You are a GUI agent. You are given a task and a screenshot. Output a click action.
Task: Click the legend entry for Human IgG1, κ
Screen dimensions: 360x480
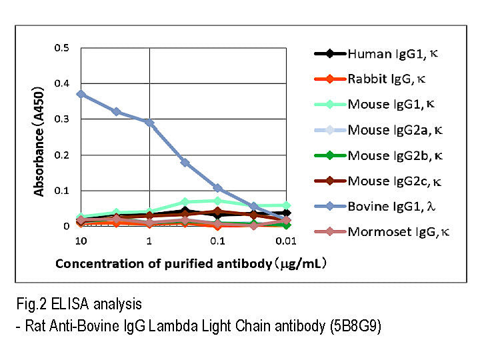386,53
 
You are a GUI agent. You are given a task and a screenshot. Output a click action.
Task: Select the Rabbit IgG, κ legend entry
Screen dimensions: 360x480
386,79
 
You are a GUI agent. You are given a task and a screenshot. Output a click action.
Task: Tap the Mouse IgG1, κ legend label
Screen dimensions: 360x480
386,104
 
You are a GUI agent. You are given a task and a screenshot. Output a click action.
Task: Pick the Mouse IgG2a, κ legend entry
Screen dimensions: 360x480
386,130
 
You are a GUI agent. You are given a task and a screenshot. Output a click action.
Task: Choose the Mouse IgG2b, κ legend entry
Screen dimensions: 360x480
386,155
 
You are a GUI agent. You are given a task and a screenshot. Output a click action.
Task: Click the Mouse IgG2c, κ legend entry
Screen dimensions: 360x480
386,181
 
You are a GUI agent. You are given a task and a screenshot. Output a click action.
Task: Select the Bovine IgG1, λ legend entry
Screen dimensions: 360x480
386,206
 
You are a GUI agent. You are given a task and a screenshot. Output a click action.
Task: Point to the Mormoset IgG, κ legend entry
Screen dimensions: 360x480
386,231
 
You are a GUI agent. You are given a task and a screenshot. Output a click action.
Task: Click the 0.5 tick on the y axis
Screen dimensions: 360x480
61,48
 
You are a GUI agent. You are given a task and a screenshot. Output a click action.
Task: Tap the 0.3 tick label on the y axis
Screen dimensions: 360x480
61,119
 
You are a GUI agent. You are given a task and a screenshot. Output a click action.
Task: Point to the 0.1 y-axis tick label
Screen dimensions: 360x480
61,191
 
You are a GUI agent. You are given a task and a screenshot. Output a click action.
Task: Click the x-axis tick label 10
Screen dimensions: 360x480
81,240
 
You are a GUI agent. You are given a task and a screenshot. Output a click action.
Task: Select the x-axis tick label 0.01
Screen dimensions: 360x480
285,240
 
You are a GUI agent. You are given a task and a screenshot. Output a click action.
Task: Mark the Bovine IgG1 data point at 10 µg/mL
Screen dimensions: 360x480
81,94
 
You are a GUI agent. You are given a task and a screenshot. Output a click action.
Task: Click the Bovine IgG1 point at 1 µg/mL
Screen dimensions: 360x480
149,123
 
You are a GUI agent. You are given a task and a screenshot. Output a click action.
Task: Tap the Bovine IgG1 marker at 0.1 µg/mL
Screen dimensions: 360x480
217,189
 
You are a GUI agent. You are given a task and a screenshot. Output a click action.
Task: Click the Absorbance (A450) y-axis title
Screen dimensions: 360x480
40,139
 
